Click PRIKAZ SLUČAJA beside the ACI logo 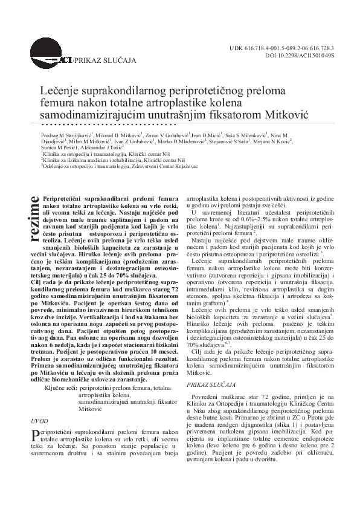pyautogui.click(x=95, y=60)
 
